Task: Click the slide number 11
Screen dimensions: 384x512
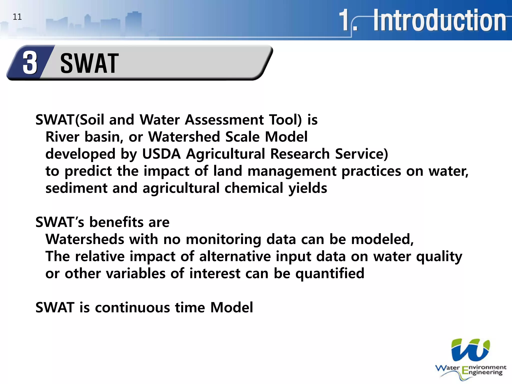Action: (17, 17)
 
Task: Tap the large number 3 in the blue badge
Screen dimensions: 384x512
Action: (30, 63)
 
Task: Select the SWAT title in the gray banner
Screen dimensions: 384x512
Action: (89, 64)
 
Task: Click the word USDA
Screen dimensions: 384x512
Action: (161, 154)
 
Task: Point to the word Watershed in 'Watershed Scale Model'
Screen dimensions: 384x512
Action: (184, 137)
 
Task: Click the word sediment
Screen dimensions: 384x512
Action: (76, 188)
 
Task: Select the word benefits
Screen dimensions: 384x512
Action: (116, 222)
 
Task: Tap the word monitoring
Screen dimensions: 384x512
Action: (223, 239)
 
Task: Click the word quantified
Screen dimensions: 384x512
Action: (330, 273)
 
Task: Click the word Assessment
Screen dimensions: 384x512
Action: (224, 120)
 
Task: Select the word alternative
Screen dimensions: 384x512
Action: (235, 256)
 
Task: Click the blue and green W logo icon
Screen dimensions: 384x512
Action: (470, 350)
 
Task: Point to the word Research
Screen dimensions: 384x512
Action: (300, 154)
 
